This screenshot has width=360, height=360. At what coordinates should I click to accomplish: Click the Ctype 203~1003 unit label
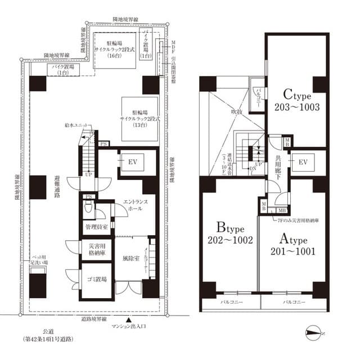pos(297,99)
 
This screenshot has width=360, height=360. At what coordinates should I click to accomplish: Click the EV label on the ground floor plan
pos(133,162)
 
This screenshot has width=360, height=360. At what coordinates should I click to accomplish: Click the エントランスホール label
pos(134,206)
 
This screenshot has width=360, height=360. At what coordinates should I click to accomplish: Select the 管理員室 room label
pos(96,227)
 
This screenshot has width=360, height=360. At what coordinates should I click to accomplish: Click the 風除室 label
pos(130,259)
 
